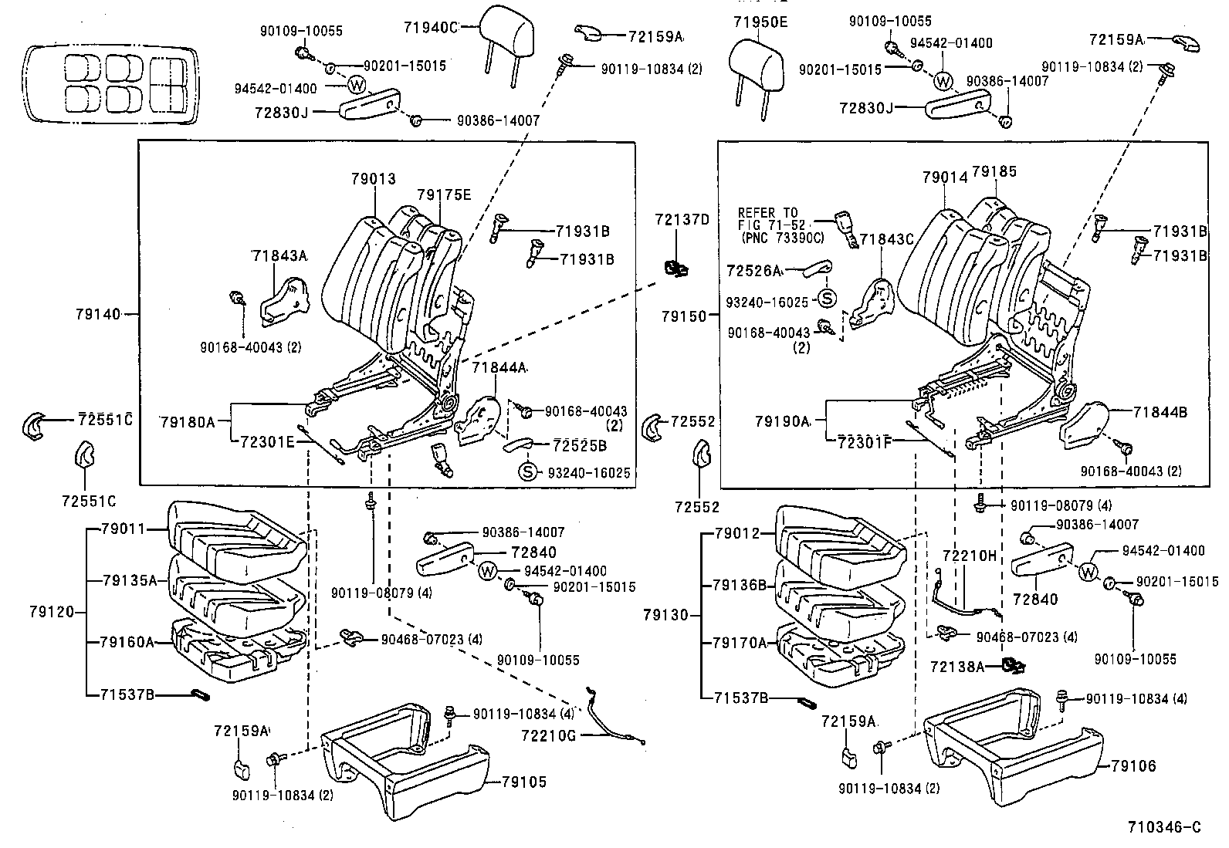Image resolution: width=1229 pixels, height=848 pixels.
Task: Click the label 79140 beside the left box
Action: pyautogui.click(x=98, y=314)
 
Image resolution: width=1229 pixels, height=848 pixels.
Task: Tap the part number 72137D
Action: pyautogui.click(x=682, y=218)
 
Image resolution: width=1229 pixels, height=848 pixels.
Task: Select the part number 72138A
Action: pyautogui.click(x=957, y=666)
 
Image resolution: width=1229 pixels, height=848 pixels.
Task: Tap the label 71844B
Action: pyautogui.click(x=1160, y=412)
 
